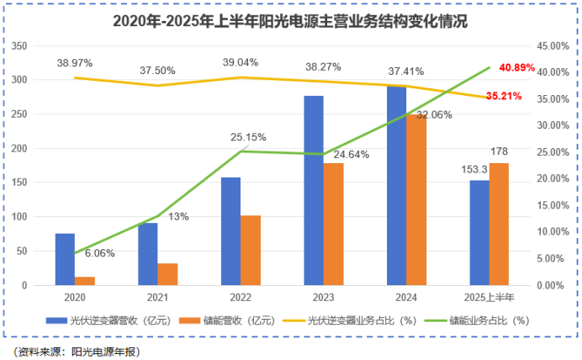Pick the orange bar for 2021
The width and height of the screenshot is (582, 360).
click(x=168, y=274)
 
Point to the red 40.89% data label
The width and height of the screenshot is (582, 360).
click(x=516, y=67)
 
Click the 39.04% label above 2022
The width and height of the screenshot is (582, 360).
click(x=240, y=62)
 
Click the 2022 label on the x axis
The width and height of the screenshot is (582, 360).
click(x=240, y=296)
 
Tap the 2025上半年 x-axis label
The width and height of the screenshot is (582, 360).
click(x=489, y=296)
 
